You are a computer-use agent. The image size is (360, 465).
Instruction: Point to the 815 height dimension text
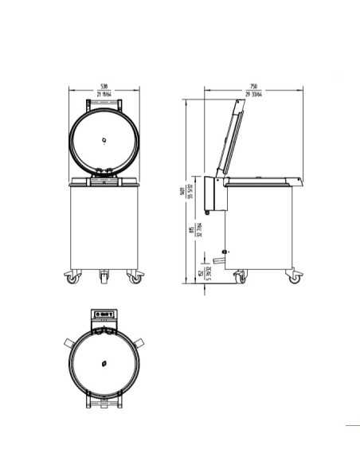coord(191,231)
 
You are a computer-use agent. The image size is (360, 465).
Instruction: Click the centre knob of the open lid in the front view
coord(104,139)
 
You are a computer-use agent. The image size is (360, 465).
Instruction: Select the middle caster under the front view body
coord(104,278)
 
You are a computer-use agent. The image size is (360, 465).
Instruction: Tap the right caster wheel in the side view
coord(295,279)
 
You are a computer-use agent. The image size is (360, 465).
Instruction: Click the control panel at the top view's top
coord(104,316)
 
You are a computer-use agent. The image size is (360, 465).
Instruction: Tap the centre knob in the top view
coord(104,363)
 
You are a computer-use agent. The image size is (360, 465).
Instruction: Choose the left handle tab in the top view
coord(69,341)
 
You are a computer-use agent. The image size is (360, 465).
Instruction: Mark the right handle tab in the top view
coord(139,341)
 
